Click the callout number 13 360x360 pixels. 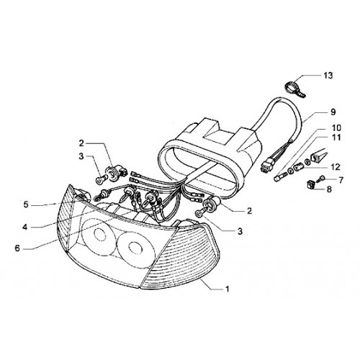328,76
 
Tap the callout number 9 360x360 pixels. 333,112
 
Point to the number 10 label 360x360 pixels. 336,128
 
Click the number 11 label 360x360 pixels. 336,138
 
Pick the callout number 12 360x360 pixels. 336,167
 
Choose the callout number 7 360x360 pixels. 341,180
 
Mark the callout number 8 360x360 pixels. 329,189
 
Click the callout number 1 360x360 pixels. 227,289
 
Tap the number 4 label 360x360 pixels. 25,227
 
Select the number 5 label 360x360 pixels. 26,204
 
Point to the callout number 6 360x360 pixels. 17,248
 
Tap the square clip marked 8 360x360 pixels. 311,185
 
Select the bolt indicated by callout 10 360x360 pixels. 280,177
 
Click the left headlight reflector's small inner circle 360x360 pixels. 99,235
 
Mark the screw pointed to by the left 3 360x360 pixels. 101,179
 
